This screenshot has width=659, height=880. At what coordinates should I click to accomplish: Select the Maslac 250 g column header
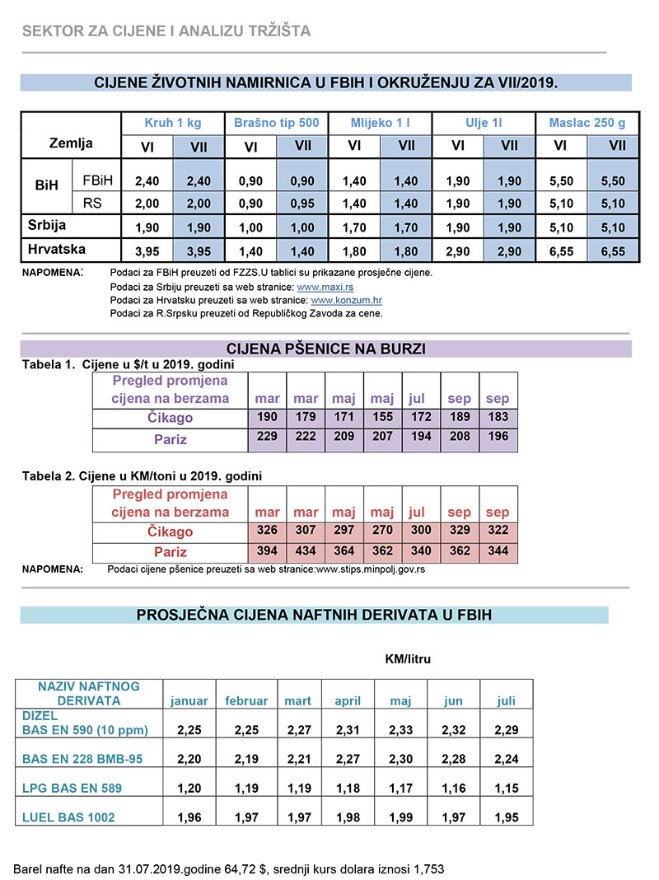(x=587, y=123)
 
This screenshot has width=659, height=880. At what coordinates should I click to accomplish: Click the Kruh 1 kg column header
(x=173, y=123)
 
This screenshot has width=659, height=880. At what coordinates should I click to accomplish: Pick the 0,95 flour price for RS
(x=302, y=204)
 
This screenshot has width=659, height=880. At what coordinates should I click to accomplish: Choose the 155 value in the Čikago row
(x=382, y=417)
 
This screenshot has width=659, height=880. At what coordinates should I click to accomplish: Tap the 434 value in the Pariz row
(x=306, y=551)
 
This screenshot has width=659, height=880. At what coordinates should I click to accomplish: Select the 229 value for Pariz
(x=267, y=437)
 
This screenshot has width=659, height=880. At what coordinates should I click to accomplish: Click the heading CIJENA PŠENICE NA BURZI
(x=325, y=349)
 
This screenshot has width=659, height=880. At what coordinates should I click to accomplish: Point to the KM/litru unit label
(x=408, y=659)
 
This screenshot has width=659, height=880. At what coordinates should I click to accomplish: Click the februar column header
(x=246, y=700)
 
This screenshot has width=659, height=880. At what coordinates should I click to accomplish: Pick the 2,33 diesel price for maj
(x=400, y=729)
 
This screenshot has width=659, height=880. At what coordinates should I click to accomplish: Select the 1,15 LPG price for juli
(x=506, y=789)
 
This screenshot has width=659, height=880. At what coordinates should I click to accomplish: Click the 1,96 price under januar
(x=189, y=817)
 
